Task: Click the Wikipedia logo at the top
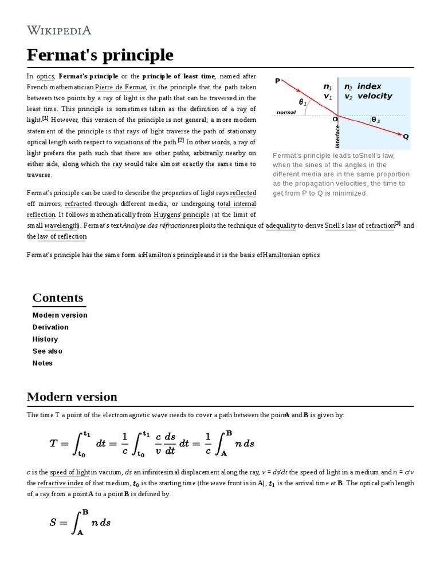pos(59,30)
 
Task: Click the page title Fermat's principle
pos(100,56)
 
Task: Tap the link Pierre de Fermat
pos(121,88)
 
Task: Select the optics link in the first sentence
pos(45,77)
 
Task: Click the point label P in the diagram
pos(278,81)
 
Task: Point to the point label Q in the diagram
pos(406,137)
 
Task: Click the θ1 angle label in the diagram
pos(302,102)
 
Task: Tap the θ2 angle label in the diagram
pos(376,120)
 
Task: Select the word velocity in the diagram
pos(375,96)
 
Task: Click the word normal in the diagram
pos(286,113)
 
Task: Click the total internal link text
pos(237,204)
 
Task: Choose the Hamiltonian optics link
pos(291,255)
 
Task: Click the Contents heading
pos(58,298)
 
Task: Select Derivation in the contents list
pos(50,327)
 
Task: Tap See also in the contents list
pos(48,351)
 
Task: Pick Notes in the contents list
pos(42,363)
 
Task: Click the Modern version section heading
pos(72,397)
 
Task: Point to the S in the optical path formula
pos(54,522)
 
